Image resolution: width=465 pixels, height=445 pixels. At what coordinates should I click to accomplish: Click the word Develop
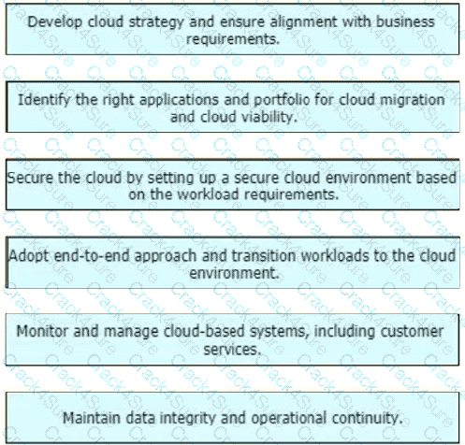55,22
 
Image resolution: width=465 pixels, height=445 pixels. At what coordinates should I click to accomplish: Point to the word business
405,22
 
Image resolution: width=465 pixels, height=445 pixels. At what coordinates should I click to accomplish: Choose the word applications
179,100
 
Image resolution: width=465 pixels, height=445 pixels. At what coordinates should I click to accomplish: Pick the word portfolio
282,100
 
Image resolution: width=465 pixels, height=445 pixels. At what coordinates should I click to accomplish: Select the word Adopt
29,256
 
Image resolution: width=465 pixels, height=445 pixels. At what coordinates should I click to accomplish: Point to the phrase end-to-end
92,256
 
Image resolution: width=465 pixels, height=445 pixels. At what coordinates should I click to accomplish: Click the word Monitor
42,331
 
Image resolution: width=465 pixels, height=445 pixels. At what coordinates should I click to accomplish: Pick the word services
232,350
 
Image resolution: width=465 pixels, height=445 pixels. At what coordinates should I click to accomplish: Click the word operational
289,419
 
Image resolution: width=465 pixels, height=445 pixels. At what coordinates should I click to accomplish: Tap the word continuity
367,419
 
